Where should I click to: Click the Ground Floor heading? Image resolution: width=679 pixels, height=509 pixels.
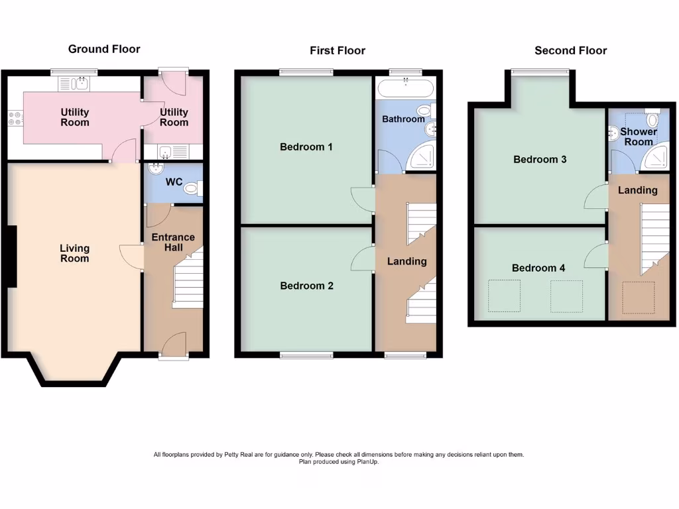[x=104, y=49]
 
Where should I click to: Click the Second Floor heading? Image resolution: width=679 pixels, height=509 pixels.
[x=570, y=50]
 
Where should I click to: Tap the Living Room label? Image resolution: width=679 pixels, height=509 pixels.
[x=74, y=253]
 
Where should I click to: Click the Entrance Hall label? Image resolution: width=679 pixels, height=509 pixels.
[x=173, y=242]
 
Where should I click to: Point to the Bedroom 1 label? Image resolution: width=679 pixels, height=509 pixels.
[x=306, y=146]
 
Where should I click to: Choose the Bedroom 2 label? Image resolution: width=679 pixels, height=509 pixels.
[x=306, y=286]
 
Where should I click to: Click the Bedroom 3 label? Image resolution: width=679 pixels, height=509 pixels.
[x=540, y=159]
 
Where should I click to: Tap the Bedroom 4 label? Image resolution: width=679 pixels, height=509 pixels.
[x=538, y=268]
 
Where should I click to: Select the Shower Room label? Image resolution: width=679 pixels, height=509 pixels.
[x=638, y=137]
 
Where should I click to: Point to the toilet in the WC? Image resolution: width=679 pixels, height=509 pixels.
[x=193, y=189]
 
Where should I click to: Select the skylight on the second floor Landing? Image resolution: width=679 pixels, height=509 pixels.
[x=638, y=297]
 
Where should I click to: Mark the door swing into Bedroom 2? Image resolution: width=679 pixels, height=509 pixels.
[x=361, y=258]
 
